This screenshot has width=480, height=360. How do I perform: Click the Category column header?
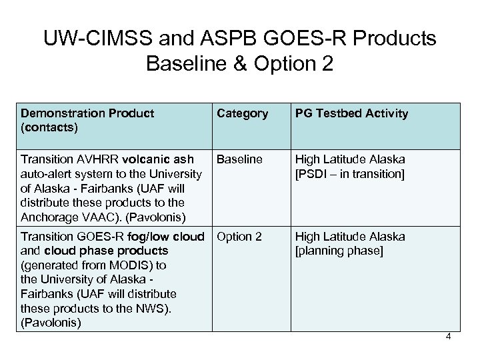click(243, 113)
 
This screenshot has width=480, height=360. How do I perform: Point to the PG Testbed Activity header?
click(351, 113)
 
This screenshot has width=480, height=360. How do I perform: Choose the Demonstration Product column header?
click(87, 113)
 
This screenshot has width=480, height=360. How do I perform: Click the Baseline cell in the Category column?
click(239, 159)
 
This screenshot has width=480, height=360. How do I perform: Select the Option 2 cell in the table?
click(240, 237)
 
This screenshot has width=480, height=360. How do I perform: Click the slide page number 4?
click(449, 336)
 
